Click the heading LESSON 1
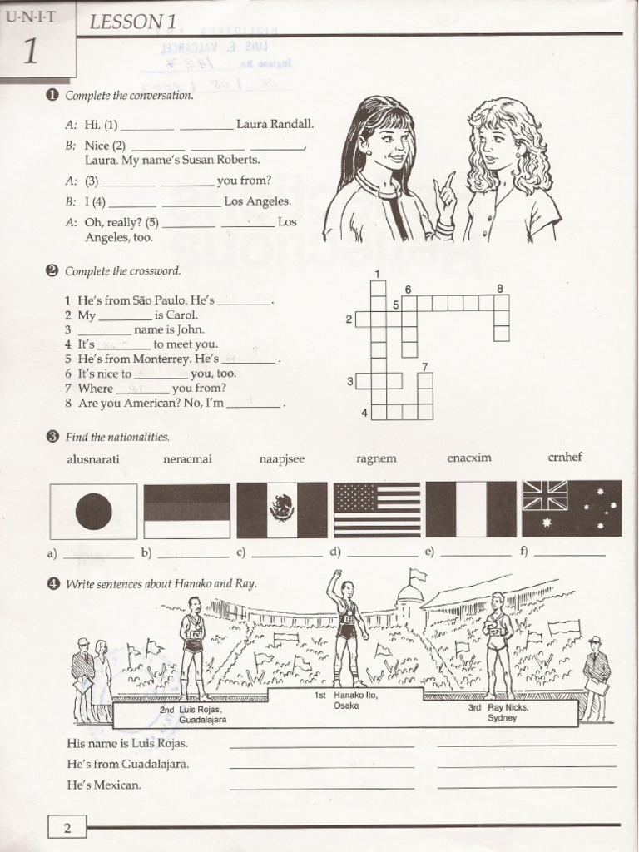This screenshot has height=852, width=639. (126, 22)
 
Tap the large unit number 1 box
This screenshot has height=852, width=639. (31, 52)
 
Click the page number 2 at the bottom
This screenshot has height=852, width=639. (67, 827)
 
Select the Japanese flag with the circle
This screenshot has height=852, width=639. (93, 511)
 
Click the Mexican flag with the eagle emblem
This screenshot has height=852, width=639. (282, 510)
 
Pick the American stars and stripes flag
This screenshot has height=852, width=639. (377, 509)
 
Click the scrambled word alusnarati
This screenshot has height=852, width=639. (93, 458)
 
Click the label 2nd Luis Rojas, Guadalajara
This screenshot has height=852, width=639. (191, 715)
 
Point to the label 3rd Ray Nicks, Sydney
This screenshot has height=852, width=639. (498, 712)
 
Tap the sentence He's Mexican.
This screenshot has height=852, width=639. (105, 785)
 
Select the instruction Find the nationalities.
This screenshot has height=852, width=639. (116, 437)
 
